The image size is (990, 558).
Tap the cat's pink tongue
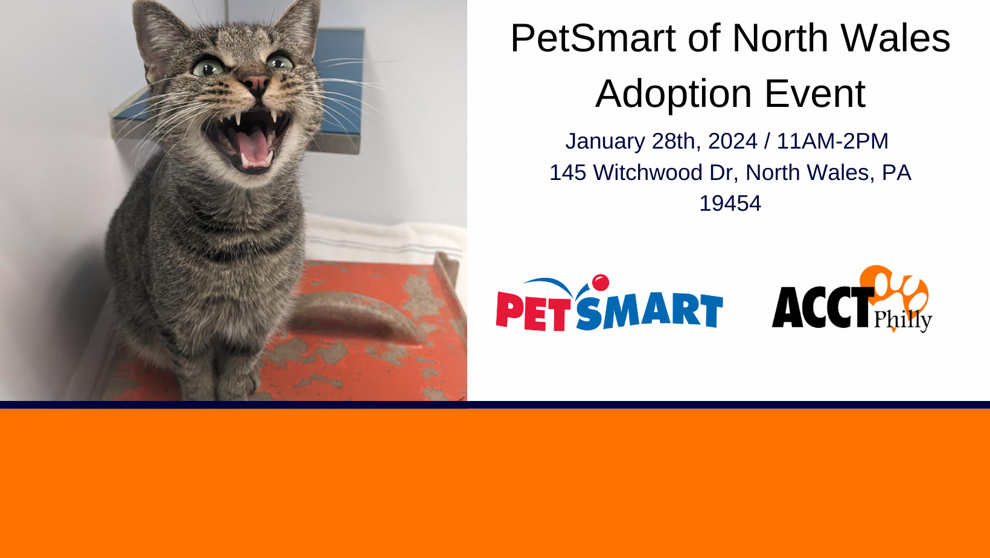(x=254, y=147)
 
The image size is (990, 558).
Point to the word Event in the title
(x=815, y=94)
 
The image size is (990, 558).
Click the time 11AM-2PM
(x=832, y=141)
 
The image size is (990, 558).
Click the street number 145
(x=568, y=173)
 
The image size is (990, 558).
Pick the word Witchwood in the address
(x=648, y=173)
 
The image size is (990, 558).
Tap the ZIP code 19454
(x=730, y=204)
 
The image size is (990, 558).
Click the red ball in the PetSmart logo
(x=601, y=283)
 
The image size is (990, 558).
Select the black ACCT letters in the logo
(x=823, y=307)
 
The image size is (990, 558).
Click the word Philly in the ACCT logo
(x=903, y=320)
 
